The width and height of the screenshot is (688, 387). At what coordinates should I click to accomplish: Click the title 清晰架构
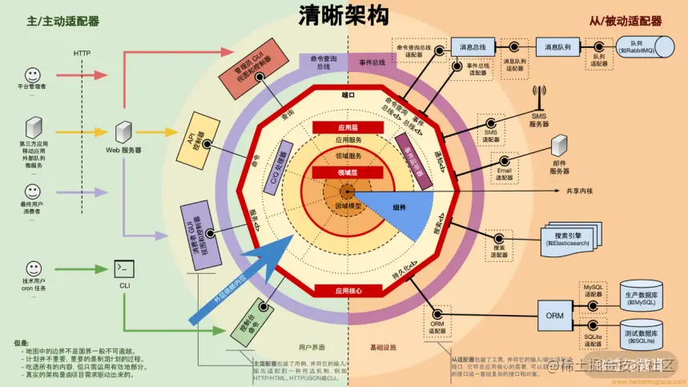(x=344, y=18)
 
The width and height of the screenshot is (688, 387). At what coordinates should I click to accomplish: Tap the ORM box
(x=555, y=315)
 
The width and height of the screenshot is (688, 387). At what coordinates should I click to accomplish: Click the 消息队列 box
(x=557, y=47)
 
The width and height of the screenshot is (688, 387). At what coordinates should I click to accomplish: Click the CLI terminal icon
(x=124, y=268)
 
